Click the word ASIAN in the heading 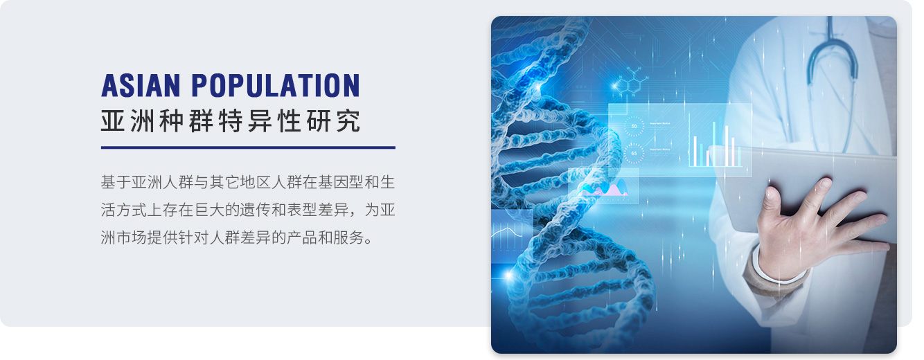pyautogui.click(x=141, y=86)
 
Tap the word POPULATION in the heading pyautogui.click(x=276, y=86)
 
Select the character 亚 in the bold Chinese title pyautogui.click(x=113, y=121)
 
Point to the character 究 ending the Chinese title pyautogui.click(x=348, y=121)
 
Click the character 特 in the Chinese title pyautogui.click(x=231, y=121)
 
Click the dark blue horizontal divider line pyautogui.click(x=248, y=147)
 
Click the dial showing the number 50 pyautogui.click(x=634, y=126)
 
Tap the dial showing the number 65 pyautogui.click(x=634, y=154)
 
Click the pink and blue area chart pyautogui.click(x=605, y=188)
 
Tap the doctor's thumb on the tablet pyautogui.click(x=770, y=203)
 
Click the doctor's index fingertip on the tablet pyautogui.click(x=824, y=183)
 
